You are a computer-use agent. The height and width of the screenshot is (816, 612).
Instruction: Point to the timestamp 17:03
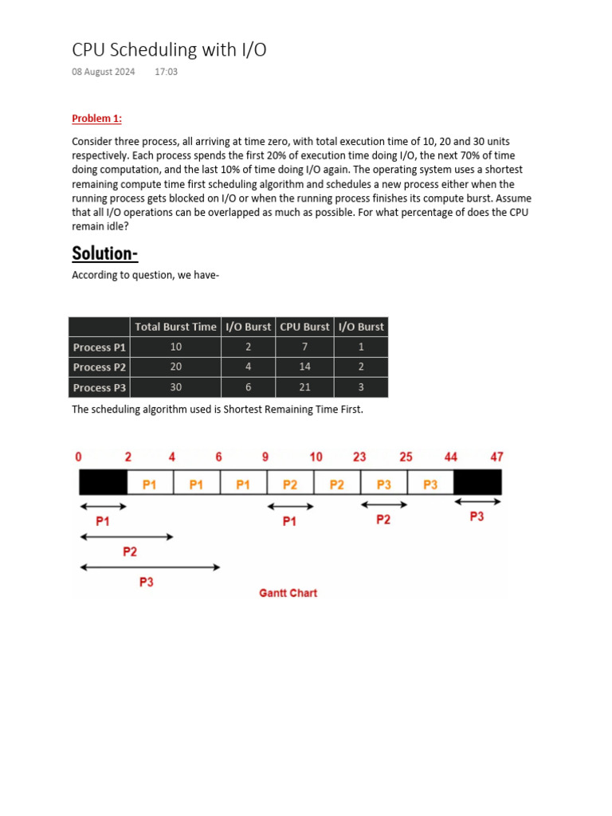tap(166, 73)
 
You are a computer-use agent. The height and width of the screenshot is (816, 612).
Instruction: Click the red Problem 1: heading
tap(96, 119)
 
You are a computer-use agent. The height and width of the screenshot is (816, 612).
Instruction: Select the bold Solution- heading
tap(104, 253)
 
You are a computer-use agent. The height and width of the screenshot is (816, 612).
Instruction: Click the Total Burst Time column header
tap(175, 327)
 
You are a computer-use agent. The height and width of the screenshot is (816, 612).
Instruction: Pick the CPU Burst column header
tap(304, 327)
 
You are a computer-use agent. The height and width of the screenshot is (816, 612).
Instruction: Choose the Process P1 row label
tap(100, 347)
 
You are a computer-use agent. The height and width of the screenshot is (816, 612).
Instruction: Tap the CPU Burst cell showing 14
tap(304, 367)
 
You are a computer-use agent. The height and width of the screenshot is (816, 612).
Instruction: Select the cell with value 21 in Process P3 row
tap(304, 388)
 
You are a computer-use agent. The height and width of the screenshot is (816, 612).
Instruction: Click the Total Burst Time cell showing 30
tap(175, 388)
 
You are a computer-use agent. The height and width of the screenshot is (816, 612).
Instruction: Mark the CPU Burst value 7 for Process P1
tap(304, 347)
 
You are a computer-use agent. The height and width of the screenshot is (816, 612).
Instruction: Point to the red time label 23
tap(359, 457)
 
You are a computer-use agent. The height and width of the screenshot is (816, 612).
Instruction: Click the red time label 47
tap(496, 457)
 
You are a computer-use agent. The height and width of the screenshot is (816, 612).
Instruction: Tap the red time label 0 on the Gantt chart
tap(78, 457)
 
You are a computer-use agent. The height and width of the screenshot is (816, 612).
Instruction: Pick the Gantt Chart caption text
tap(288, 594)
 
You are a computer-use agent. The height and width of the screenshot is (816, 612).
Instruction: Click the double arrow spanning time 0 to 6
tap(150, 567)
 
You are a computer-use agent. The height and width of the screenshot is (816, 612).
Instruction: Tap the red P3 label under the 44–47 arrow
tap(477, 517)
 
